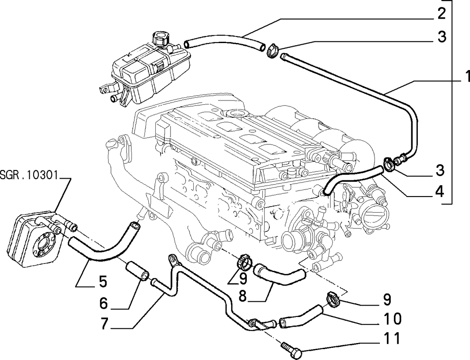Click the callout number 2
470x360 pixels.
click(x=442, y=13)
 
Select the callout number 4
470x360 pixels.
click(x=440, y=191)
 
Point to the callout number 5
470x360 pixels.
click(x=103, y=282)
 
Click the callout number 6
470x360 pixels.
click(x=104, y=303)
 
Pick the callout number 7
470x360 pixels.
click(x=104, y=324)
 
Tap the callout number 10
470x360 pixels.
click(x=393, y=319)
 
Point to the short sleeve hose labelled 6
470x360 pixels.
click(x=137, y=271)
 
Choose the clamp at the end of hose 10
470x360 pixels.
click(x=333, y=299)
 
